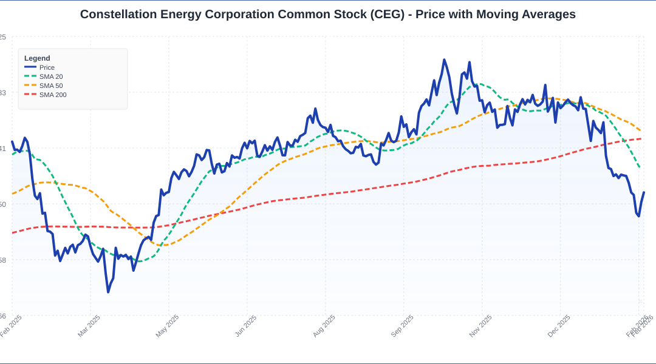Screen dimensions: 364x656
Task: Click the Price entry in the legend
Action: pyautogui.click(x=47, y=67)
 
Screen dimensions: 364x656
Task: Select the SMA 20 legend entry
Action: pyautogui.click(x=51, y=76)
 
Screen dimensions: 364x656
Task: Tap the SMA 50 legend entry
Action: pyautogui.click(x=51, y=86)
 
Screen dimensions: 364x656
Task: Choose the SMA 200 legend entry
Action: pyautogui.click(x=53, y=95)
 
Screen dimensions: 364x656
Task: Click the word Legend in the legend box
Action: pyautogui.click(x=37, y=58)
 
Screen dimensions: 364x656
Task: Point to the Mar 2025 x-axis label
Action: pyautogui.click(x=89, y=326)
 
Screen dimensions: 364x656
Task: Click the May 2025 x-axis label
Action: pyautogui.click(x=168, y=326)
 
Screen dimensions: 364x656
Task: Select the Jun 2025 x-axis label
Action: pyautogui.click(x=246, y=326)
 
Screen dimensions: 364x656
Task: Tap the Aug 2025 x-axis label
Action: pyautogui.click(x=324, y=326)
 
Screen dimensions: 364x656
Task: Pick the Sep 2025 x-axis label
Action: pyautogui.click(x=402, y=326)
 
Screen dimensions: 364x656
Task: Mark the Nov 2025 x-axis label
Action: pyautogui.click(x=480, y=326)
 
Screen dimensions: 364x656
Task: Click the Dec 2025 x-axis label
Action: pyautogui.click(x=559, y=326)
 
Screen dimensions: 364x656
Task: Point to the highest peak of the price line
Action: pyautogui.click(x=444, y=59)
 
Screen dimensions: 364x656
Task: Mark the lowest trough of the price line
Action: pyautogui.click(x=108, y=292)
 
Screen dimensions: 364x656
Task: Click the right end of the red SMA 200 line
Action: pyautogui.click(x=641, y=138)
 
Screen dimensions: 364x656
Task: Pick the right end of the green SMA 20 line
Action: pyautogui.click(x=640, y=168)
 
